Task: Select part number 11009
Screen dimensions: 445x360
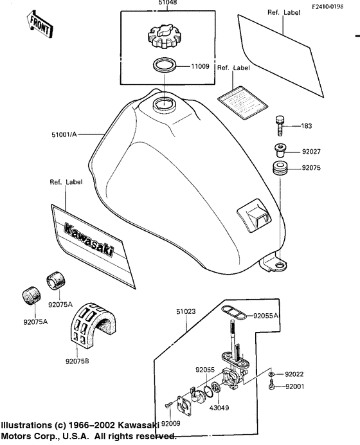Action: pyautogui.click(x=198, y=66)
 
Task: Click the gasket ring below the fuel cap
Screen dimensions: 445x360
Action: pyautogui.click(x=164, y=65)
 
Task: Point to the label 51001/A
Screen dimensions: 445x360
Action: pyautogui.click(x=64, y=135)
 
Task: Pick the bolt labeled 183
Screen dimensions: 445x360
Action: pyautogui.click(x=280, y=124)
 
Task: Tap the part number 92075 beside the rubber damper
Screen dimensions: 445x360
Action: pyautogui.click(x=312, y=170)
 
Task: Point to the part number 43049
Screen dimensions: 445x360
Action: pyautogui.click(x=221, y=408)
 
